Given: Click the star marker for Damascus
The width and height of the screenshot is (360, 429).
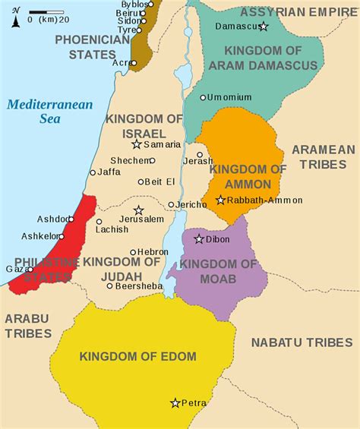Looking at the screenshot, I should click(264, 27).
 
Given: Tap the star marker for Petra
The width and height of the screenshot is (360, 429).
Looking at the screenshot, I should click(175, 403).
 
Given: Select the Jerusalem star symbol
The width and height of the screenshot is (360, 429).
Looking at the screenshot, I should click(138, 210).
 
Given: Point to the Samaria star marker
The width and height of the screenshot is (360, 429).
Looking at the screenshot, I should click(137, 144).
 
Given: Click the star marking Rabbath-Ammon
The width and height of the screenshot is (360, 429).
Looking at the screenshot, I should click(220, 200).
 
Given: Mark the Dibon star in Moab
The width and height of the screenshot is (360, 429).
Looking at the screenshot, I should click(199, 239).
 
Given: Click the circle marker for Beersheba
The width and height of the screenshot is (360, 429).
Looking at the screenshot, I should click(110, 286).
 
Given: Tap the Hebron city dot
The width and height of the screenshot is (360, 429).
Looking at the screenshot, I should click(133, 252).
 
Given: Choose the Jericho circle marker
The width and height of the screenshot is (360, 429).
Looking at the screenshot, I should click(171, 205).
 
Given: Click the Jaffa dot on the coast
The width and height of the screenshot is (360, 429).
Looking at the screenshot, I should click(93, 172).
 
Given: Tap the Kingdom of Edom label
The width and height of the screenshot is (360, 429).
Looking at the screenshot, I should click(138, 356).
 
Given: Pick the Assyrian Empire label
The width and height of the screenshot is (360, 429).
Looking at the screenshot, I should click(298, 11).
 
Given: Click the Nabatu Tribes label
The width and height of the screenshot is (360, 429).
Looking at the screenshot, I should click(302, 342).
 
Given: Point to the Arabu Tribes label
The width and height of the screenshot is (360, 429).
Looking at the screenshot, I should click(27, 325).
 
